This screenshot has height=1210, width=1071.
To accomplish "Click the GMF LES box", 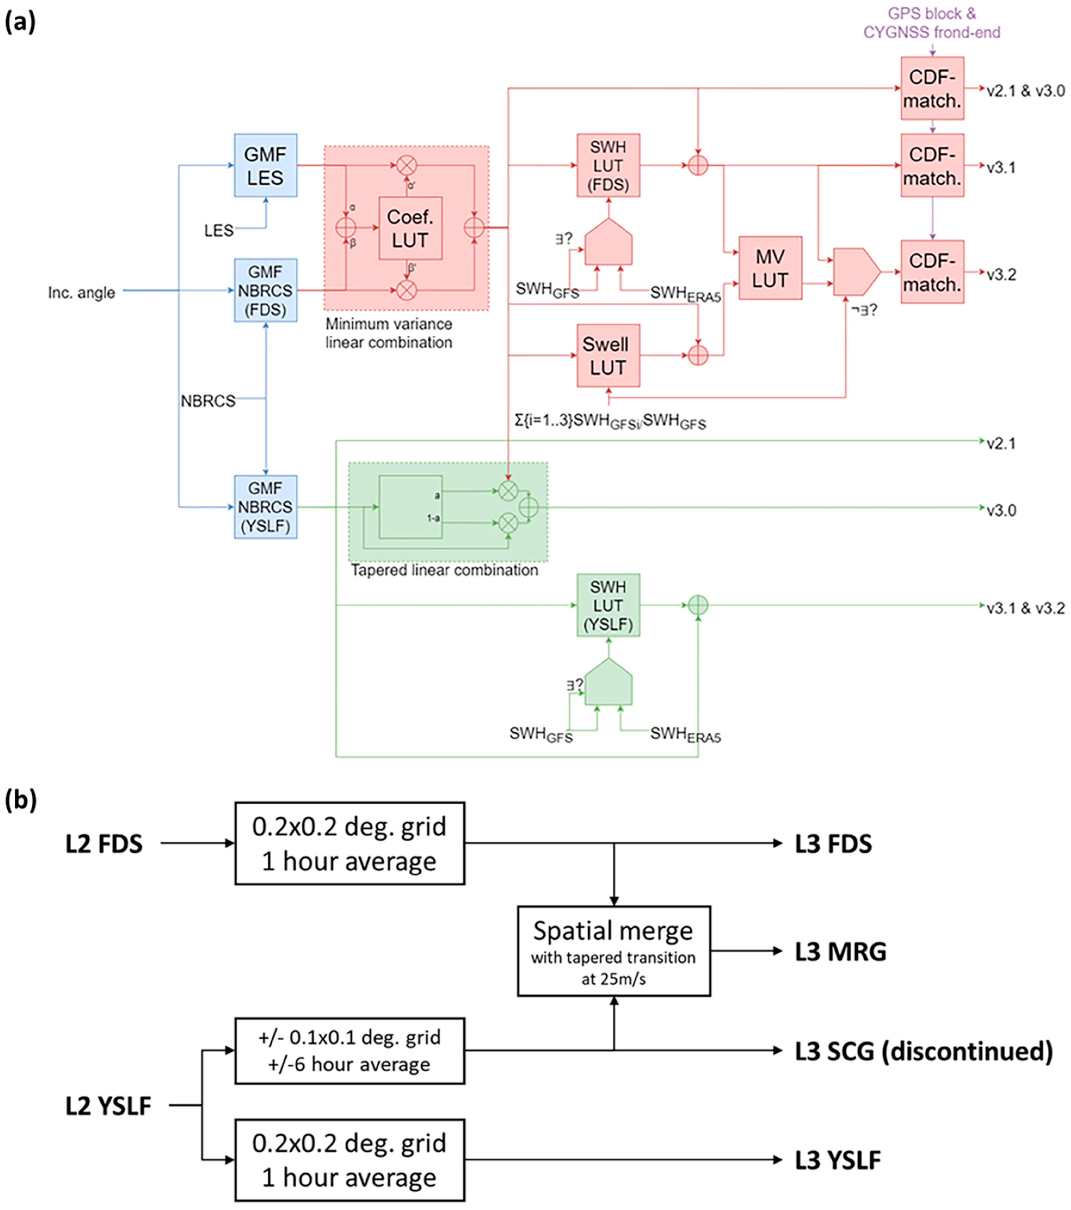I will point(266,165).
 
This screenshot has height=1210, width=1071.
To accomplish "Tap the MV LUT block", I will point(770,268).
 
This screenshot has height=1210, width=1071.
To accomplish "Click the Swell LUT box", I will point(608,356).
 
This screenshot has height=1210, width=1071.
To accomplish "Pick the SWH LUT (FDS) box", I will point(608,165).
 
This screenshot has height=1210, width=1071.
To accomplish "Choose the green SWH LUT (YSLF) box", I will point(608,605).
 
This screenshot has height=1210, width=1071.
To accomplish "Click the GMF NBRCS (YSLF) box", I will point(266,507).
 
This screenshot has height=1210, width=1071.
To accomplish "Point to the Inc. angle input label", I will point(82,292).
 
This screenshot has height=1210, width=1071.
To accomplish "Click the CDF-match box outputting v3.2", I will point(932,272).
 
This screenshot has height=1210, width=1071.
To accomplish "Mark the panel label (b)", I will point(20,800).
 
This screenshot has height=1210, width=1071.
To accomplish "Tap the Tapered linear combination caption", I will point(444,570).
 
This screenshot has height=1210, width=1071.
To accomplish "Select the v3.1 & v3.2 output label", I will point(1025,608).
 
